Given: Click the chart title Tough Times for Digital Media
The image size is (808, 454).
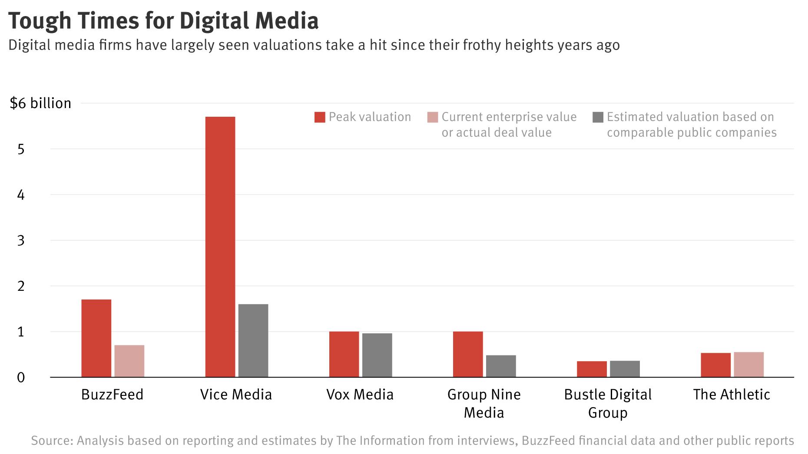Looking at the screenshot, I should click(x=163, y=20).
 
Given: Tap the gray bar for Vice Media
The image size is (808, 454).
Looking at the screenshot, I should click(x=253, y=340).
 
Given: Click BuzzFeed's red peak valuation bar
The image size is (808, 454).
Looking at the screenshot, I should click(x=96, y=338).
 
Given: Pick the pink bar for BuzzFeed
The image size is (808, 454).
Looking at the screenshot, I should click(x=129, y=361).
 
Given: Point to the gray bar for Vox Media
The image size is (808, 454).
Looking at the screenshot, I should click(x=377, y=355).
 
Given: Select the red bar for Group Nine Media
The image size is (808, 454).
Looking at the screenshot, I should click(x=468, y=354).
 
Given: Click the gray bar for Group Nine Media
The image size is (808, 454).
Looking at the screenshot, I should click(x=501, y=366).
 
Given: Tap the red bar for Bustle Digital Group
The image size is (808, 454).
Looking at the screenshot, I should click(x=592, y=369).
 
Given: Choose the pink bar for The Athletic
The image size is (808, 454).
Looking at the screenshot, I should click(x=748, y=365).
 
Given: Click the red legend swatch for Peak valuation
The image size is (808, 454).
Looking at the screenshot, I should click(x=320, y=117).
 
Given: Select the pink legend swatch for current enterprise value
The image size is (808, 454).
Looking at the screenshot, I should click(x=433, y=117).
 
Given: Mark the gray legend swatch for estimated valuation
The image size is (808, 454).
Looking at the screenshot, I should click(x=598, y=117).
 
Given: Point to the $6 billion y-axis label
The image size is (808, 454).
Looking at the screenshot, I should click(x=40, y=103).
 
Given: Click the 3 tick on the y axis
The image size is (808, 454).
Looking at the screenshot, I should click(x=21, y=240).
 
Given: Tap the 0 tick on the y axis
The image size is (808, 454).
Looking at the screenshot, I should click(x=21, y=378).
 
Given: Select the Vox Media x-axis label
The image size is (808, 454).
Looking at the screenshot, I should click(x=360, y=395).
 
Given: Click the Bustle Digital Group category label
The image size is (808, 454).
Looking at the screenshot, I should click(x=608, y=403).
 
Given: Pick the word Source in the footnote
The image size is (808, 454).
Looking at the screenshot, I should click(x=51, y=441).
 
